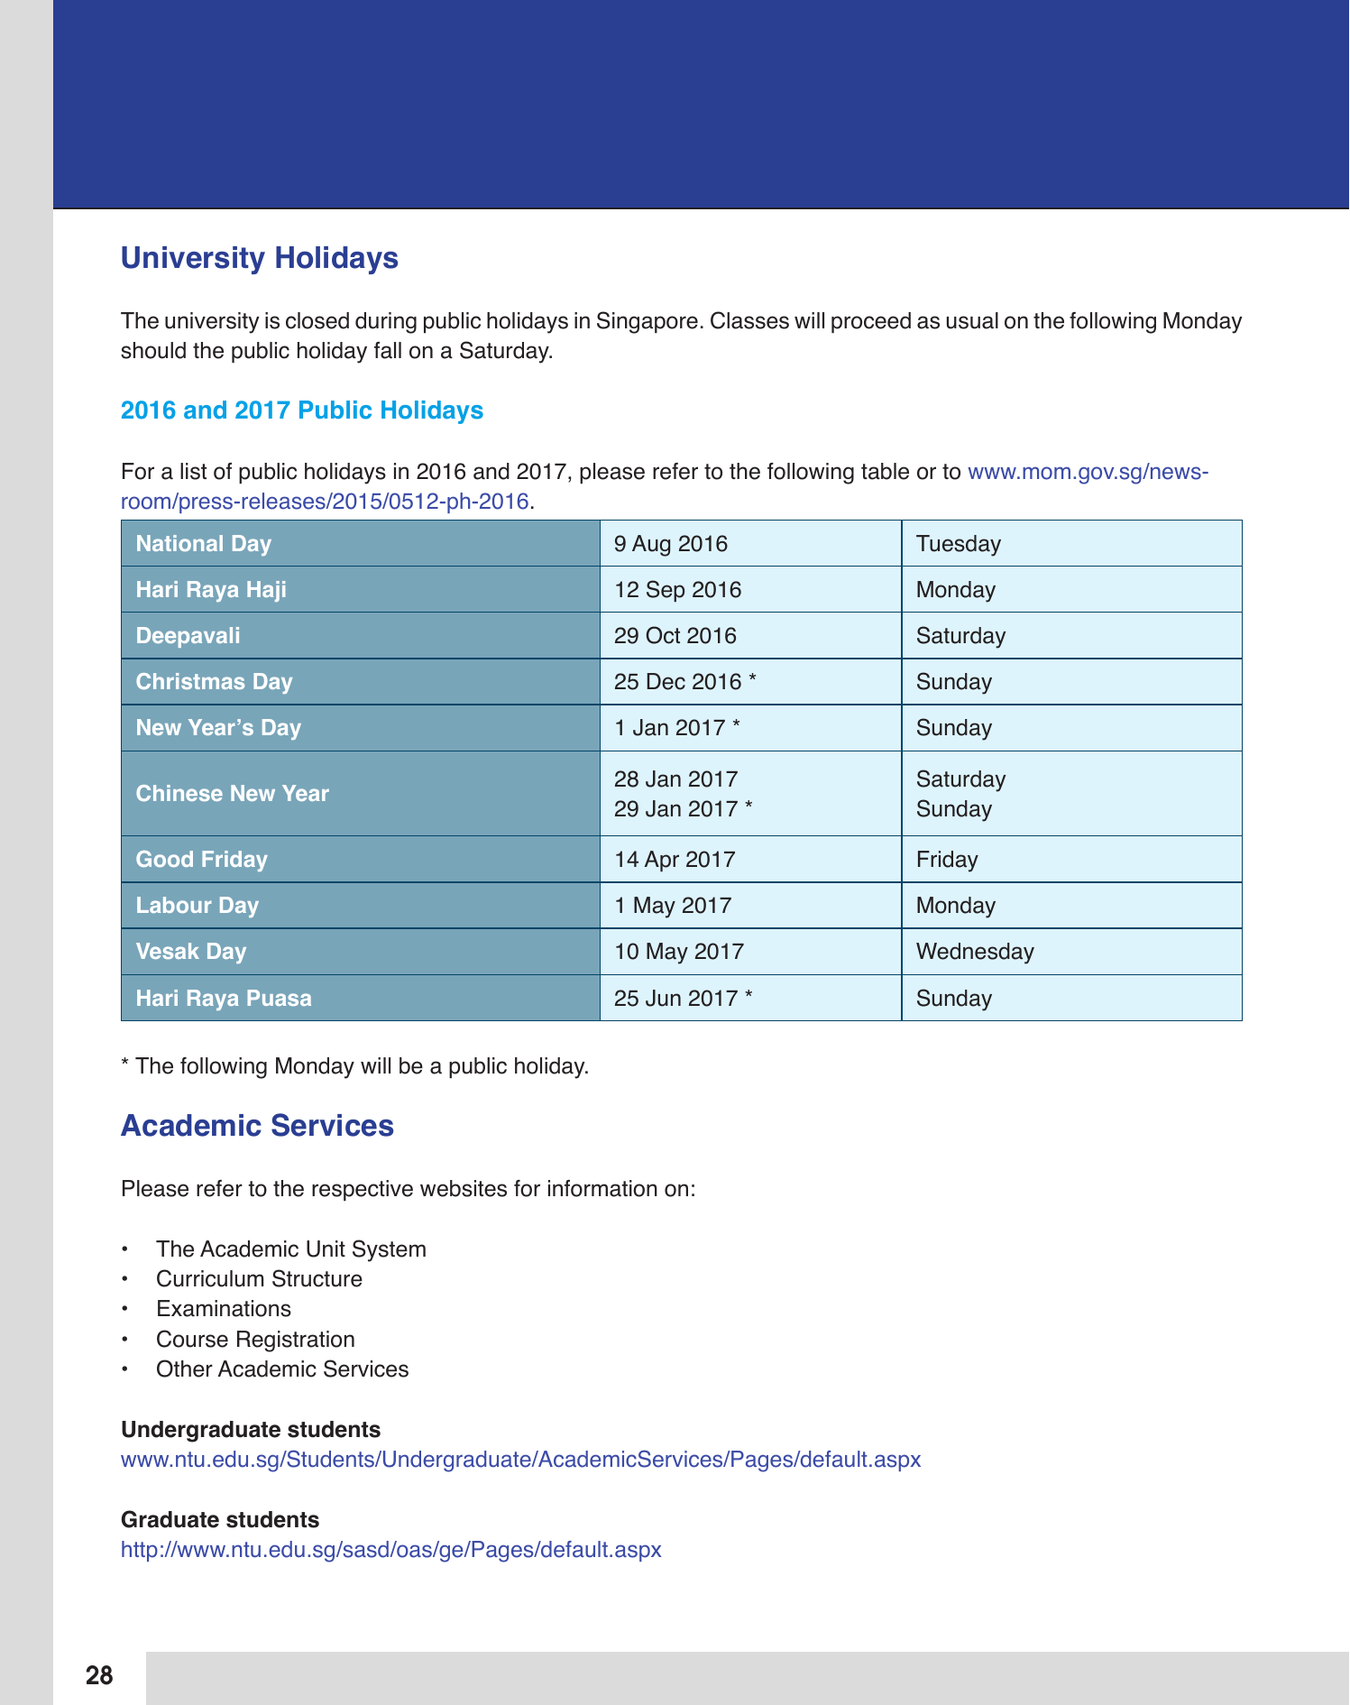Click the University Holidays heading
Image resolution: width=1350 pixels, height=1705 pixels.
point(260,258)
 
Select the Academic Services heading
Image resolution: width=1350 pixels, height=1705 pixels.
point(257,1126)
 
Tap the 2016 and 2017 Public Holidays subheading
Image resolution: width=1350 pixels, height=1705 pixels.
point(302,410)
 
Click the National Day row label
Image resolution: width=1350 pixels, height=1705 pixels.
point(204,544)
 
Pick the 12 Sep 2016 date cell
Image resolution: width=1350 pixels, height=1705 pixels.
point(677,590)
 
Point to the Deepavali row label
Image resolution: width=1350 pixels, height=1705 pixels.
point(188,636)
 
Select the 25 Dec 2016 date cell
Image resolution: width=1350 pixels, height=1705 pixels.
point(684,682)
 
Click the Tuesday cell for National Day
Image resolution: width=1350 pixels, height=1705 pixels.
point(959,544)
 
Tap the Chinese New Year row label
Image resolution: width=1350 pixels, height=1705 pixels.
point(233,794)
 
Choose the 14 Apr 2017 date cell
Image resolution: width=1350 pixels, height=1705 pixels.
point(675,860)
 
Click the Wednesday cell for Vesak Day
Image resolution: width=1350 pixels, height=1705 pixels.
point(975,952)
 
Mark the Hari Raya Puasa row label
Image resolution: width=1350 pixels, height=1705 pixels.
point(224,999)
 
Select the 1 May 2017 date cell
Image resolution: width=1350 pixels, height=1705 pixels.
point(673,906)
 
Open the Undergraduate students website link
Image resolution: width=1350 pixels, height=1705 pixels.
point(520,1460)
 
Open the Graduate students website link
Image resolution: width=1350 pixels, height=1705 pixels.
point(391,1550)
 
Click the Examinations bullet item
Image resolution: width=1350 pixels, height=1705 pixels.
point(224,1309)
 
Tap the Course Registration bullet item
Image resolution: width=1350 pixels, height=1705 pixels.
point(255,1340)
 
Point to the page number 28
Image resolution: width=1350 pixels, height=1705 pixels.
point(99,1676)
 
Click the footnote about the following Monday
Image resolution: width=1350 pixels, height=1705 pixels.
point(354,1066)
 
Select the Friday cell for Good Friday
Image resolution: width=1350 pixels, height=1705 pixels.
point(947,860)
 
